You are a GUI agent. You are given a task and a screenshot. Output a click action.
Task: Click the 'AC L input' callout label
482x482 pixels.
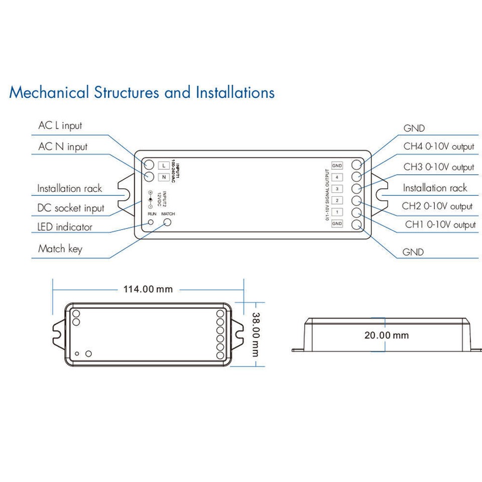pyautogui.click(x=60, y=126)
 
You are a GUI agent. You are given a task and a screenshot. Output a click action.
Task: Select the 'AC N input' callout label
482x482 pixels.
pyautogui.click(x=63, y=147)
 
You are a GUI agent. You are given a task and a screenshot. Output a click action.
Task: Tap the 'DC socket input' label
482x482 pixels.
pyautogui.click(x=71, y=208)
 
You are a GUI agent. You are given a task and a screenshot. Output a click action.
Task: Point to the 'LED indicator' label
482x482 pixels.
pyautogui.click(x=65, y=227)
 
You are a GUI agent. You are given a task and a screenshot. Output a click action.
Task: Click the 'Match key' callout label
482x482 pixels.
pyautogui.click(x=60, y=249)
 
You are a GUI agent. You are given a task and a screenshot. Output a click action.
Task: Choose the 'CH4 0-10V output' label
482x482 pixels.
pyautogui.click(x=439, y=147)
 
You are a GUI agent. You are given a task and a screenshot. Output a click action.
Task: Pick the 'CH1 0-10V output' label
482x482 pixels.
pyautogui.click(x=440, y=225)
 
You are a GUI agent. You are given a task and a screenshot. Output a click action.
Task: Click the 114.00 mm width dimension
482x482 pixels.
pyautogui.click(x=148, y=289)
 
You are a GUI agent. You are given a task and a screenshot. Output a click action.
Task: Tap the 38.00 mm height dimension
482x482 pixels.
pyautogui.click(x=256, y=334)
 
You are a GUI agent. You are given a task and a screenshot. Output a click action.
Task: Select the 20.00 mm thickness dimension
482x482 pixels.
pyautogui.click(x=387, y=335)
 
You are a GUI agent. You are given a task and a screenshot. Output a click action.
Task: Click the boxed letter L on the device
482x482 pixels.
pyautogui.click(x=164, y=165)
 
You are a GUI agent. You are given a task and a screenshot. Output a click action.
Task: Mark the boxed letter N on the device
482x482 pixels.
pyautogui.click(x=164, y=177)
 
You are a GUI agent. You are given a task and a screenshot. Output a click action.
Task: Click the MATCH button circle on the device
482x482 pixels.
pyautogui.click(x=167, y=222)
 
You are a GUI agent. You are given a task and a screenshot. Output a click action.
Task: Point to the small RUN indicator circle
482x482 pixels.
pyautogui.click(x=151, y=222)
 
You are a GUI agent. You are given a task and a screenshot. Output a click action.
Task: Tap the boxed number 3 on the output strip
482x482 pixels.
pyautogui.click(x=337, y=189)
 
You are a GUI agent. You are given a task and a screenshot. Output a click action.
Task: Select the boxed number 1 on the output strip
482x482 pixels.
pyautogui.click(x=337, y=212)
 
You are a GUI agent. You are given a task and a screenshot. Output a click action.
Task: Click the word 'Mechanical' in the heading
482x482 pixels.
pyautogui.click(x=49, y=92)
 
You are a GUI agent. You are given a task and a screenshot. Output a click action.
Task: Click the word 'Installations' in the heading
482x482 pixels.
pyautogui.click(x=235, y=92)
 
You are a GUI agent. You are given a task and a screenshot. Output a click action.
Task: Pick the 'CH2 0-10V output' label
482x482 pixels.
pyautogui.click(x=437, y=206)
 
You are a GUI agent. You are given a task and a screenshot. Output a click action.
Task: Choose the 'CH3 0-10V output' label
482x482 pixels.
pyautogui.click(x=439, y=167)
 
